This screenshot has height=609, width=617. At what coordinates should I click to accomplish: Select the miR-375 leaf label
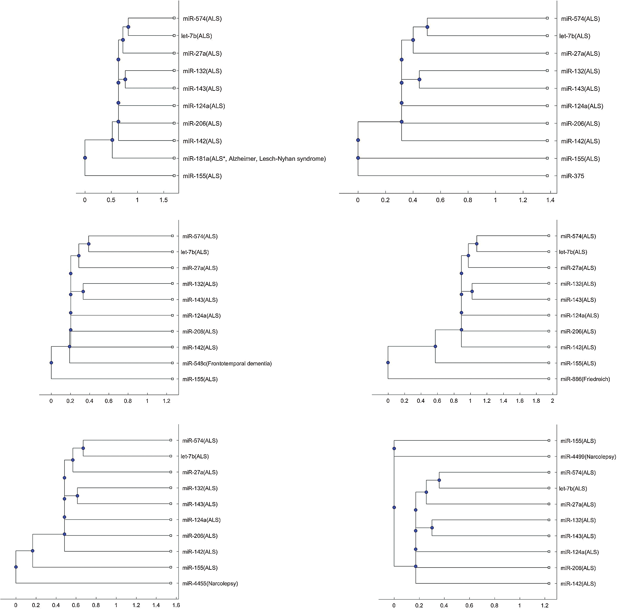pos(572,176)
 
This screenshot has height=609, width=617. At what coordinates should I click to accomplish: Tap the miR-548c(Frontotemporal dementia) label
pos(227,364)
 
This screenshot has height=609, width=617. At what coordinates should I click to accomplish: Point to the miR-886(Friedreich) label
pos(585,379)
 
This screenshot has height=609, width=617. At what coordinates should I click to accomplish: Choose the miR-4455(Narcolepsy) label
pos(210,583)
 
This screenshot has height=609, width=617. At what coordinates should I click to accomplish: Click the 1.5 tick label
pos(164,201)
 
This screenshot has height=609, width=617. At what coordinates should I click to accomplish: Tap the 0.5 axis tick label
pos(111,201)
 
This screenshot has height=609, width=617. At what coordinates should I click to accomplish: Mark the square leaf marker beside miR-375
pos(547,176)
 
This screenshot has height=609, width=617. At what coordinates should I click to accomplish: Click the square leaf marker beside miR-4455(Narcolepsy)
pos(171,583)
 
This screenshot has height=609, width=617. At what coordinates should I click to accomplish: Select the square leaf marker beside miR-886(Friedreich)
pos(549,379)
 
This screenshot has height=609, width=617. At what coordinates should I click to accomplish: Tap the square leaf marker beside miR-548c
pos(172,363)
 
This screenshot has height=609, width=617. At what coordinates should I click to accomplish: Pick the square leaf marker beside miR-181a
pos(174,158)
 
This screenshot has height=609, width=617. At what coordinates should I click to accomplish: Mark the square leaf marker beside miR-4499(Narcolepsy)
pos(549,457)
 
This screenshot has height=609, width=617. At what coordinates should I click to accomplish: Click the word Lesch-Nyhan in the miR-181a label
pos(281,159)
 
